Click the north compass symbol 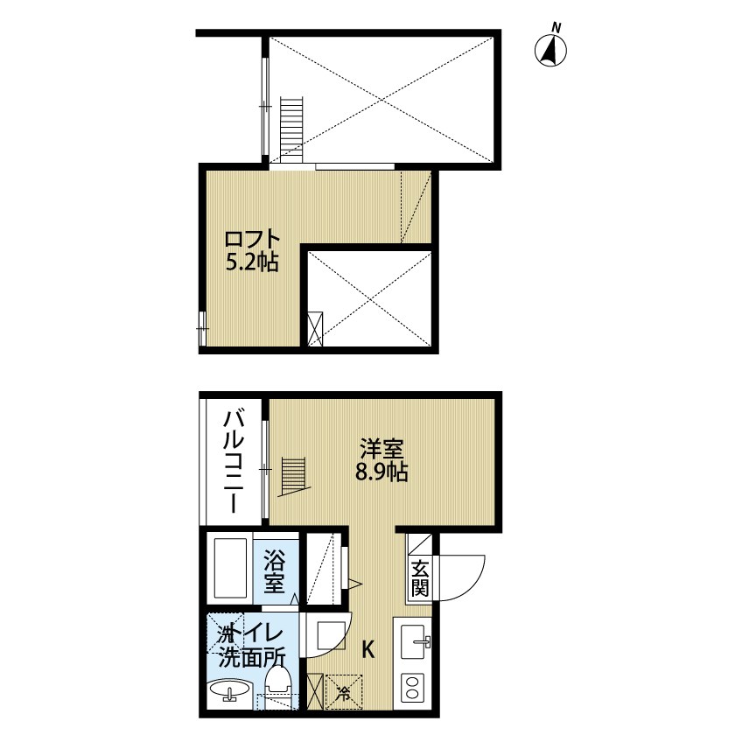pos(551,50)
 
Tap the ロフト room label pos(252,239)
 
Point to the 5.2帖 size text pos(252,262)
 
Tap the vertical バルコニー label pos(234,462)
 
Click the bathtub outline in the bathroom pos(231,568)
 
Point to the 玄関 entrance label pos(420,577)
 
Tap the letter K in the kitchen pos(368,650)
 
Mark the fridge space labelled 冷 pos(343,690)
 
